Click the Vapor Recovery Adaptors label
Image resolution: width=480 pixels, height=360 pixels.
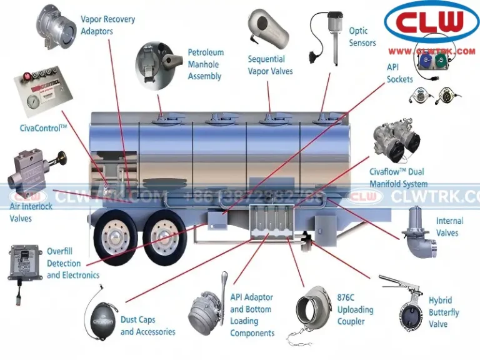tap(107, 25)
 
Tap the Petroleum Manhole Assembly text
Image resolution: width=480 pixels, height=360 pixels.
tap(206, 64)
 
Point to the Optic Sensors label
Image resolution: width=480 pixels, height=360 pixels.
tap(362, 37)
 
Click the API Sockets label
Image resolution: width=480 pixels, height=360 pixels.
tap(399, 72)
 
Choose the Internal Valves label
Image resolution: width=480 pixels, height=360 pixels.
tap(449, 227)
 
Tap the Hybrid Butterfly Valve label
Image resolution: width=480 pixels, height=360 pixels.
tap(443, 312)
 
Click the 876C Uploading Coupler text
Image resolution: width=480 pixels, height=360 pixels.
tap(355, 310)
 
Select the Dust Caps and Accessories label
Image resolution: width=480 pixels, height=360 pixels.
tap(147, 326)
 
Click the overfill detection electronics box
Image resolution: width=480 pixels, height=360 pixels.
tap(24, 262)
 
